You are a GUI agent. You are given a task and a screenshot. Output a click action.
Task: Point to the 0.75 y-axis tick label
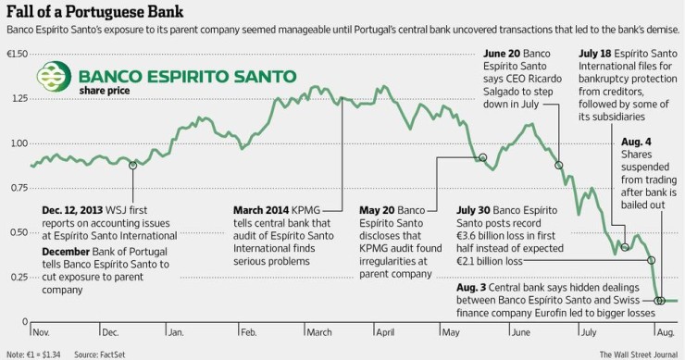point(17,189)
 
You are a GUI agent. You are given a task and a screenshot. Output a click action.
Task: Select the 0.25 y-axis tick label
point(17,278)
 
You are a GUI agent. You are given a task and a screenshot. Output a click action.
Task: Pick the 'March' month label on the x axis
point(318,330)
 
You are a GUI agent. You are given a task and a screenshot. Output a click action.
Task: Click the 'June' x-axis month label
point(520,330)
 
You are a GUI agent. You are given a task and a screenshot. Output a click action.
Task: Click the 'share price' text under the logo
point(104,92)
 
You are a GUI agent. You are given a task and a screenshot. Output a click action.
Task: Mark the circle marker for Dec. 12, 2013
point(133,166)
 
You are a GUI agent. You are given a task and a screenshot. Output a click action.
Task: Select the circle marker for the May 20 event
point(481,158)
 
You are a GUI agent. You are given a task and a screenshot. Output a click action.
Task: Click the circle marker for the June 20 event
point(559,166)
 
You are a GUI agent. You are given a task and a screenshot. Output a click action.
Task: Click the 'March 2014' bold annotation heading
point(262,210)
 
